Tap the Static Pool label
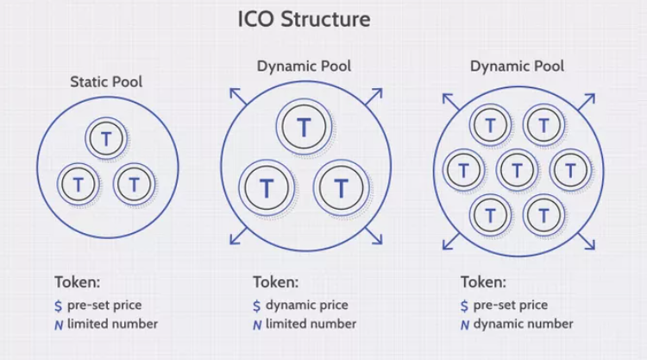106,82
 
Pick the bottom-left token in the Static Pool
79,183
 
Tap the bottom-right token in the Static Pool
133,183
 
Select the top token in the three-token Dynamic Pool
304,127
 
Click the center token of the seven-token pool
517,170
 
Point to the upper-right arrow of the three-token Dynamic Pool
373,95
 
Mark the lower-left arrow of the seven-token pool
449,243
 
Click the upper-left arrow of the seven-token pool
449,100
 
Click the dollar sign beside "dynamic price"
257,305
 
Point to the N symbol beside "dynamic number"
465,325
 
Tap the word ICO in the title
256,19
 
